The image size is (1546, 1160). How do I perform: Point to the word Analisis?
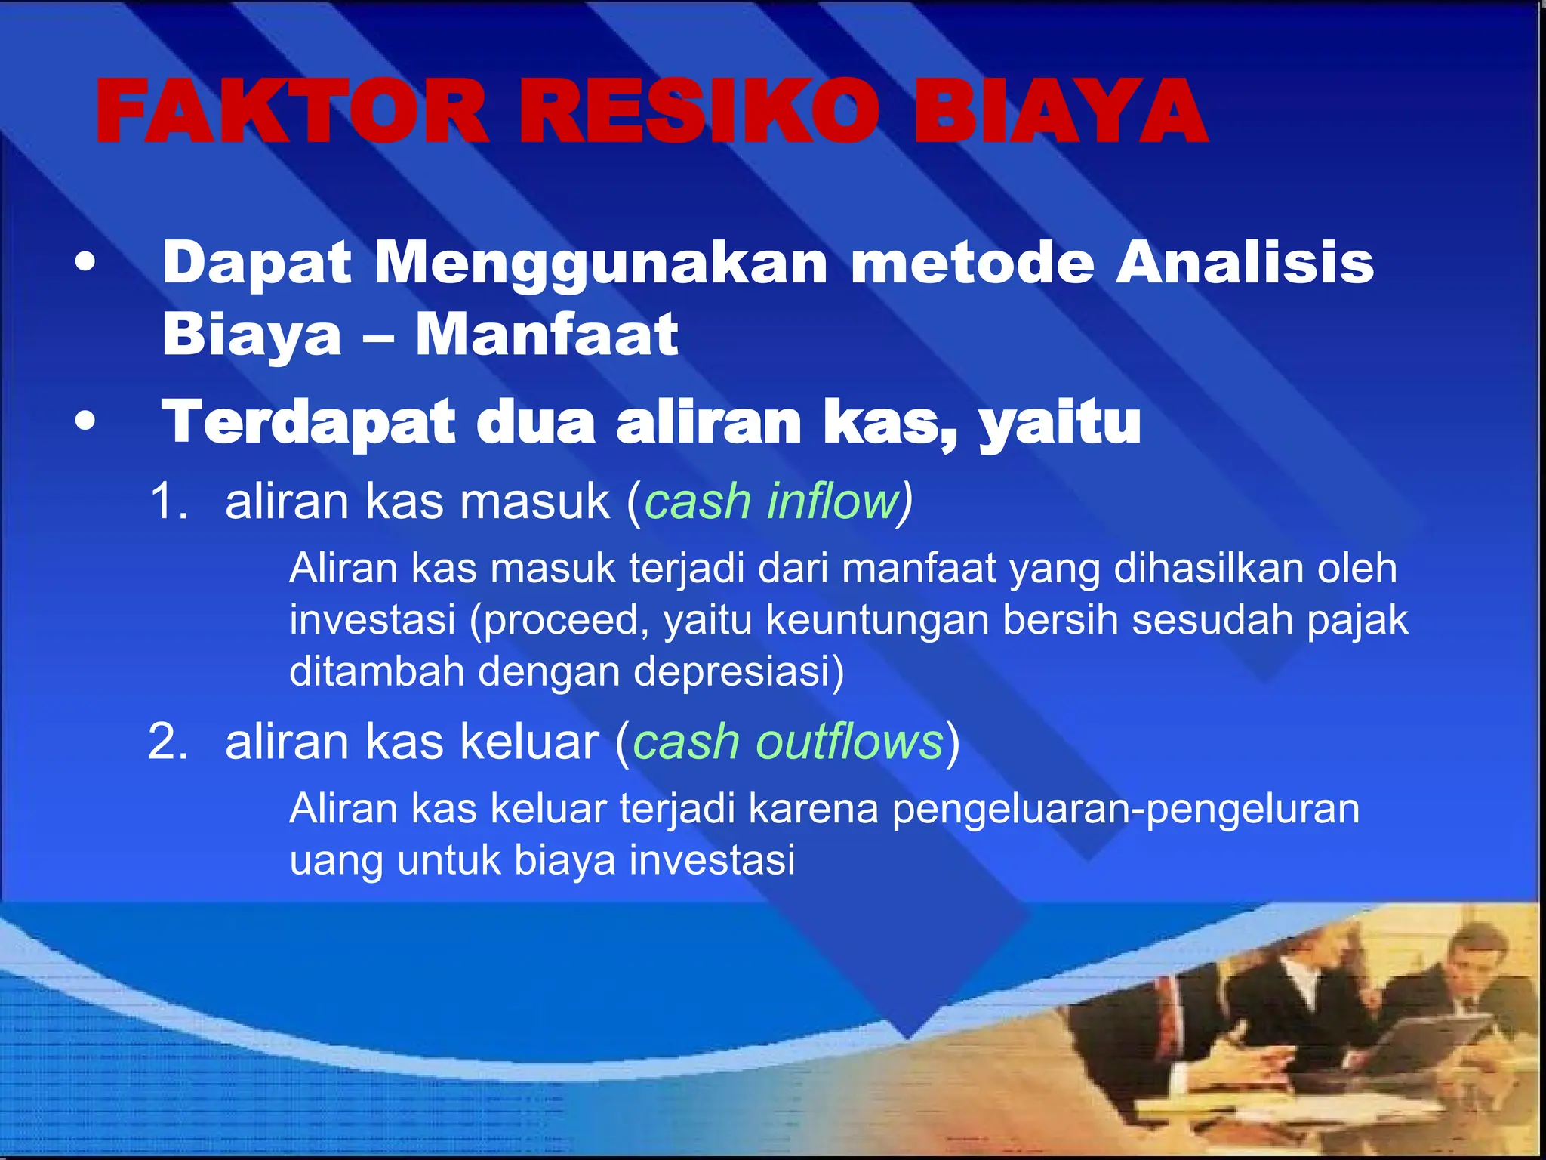click(x=1244, y=263)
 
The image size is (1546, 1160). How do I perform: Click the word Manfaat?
click(x=547, y=335)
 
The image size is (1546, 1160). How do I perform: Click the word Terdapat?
click(x=309, y=422)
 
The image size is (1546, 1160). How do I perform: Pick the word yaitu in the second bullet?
click(x=1060, y=422)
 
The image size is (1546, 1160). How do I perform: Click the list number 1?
click(x=167, y=501)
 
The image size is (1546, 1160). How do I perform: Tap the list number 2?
click(x=167, y=742)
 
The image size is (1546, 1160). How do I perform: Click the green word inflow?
click(x=833, y=501)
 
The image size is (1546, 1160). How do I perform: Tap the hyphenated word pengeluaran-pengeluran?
click(x=1126, y=809)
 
